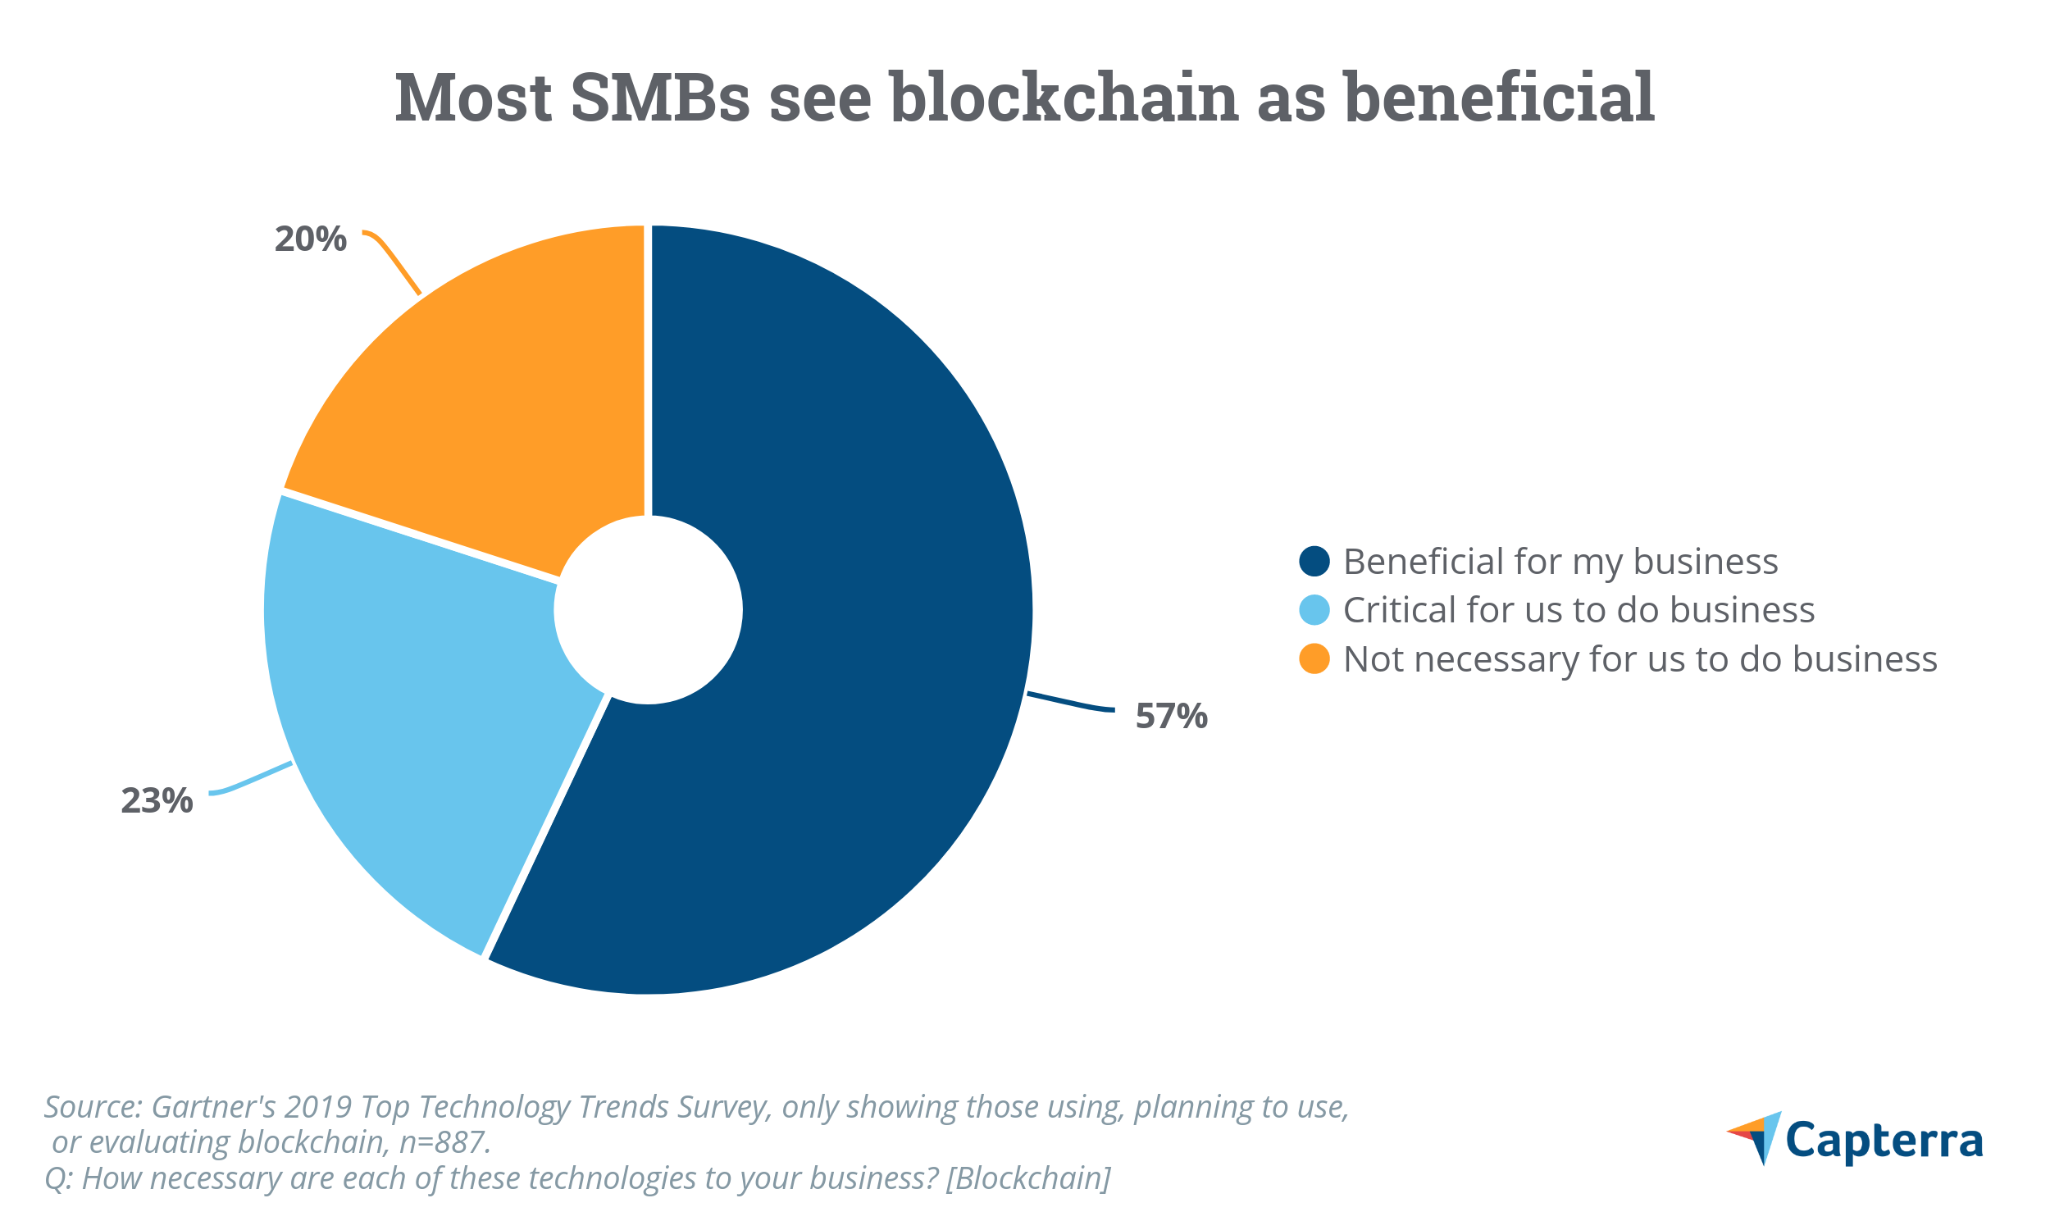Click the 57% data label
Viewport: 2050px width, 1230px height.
1171,716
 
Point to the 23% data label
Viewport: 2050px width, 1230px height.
157,801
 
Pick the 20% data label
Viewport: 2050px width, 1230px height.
310,239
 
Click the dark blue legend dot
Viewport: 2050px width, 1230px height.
1314,561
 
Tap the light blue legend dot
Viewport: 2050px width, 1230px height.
1314,610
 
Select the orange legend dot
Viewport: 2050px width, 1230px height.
1314,659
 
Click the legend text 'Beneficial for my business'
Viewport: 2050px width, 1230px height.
1560,562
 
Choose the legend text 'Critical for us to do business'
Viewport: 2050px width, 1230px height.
1578,611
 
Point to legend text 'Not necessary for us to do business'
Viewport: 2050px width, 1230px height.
1640,660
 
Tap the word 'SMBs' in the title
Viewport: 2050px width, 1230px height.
659,98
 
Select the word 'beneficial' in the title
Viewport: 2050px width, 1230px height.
1498,98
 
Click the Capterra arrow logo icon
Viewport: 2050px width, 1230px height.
1757,1137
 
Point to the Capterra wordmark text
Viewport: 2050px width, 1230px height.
1884,1141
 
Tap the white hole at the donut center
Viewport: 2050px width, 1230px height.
648,610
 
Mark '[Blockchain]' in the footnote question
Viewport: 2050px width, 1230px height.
1027,1178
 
